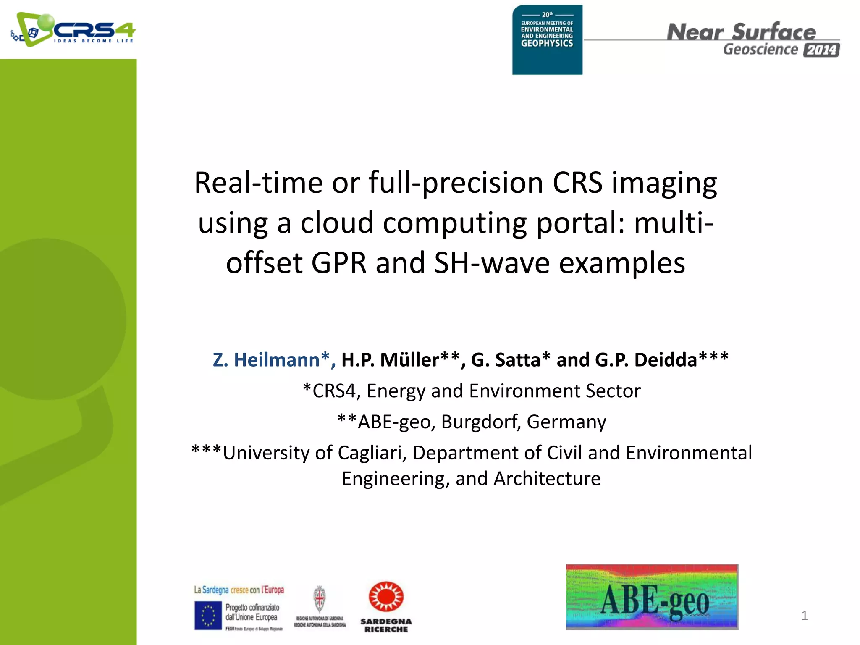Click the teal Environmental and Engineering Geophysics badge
point(547,40)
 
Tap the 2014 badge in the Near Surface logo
point(821,50)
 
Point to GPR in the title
point(339,263)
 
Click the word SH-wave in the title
point(492,263)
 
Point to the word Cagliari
point(372,453)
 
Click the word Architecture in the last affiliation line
point(547,479)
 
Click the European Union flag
point(208,616)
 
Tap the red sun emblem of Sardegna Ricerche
point(386,596)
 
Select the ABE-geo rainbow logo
point(652,597)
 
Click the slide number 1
point(804,616)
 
